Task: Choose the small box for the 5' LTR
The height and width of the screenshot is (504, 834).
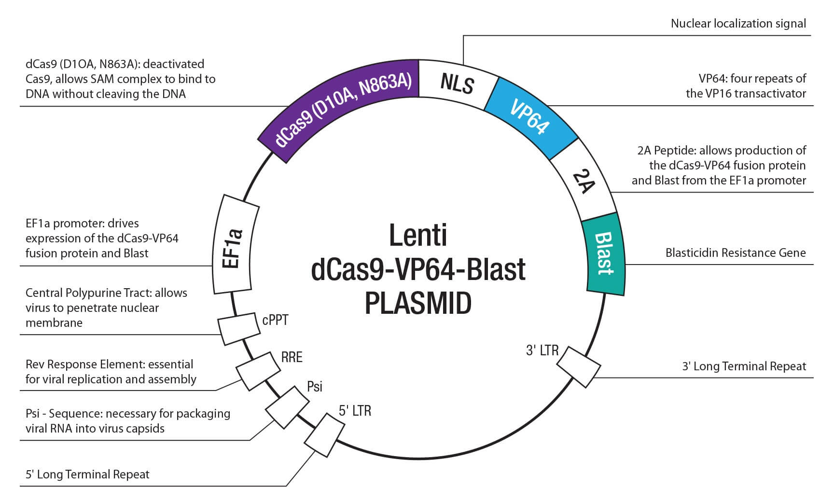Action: [324, 435]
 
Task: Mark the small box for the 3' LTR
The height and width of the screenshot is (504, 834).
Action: [580, 366]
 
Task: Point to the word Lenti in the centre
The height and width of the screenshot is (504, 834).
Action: [418, 235]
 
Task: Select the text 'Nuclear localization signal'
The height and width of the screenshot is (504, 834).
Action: [738, 23]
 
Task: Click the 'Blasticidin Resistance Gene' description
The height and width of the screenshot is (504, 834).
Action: [735, 252]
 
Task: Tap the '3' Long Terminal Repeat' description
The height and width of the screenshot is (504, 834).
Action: [744, 366]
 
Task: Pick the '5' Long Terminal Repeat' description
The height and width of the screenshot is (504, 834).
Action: [87, 474]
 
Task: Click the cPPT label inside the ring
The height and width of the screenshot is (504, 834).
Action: [275, 320]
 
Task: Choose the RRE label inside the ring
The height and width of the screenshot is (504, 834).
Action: [292, 357]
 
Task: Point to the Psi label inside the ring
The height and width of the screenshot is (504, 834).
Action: [315, 386]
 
